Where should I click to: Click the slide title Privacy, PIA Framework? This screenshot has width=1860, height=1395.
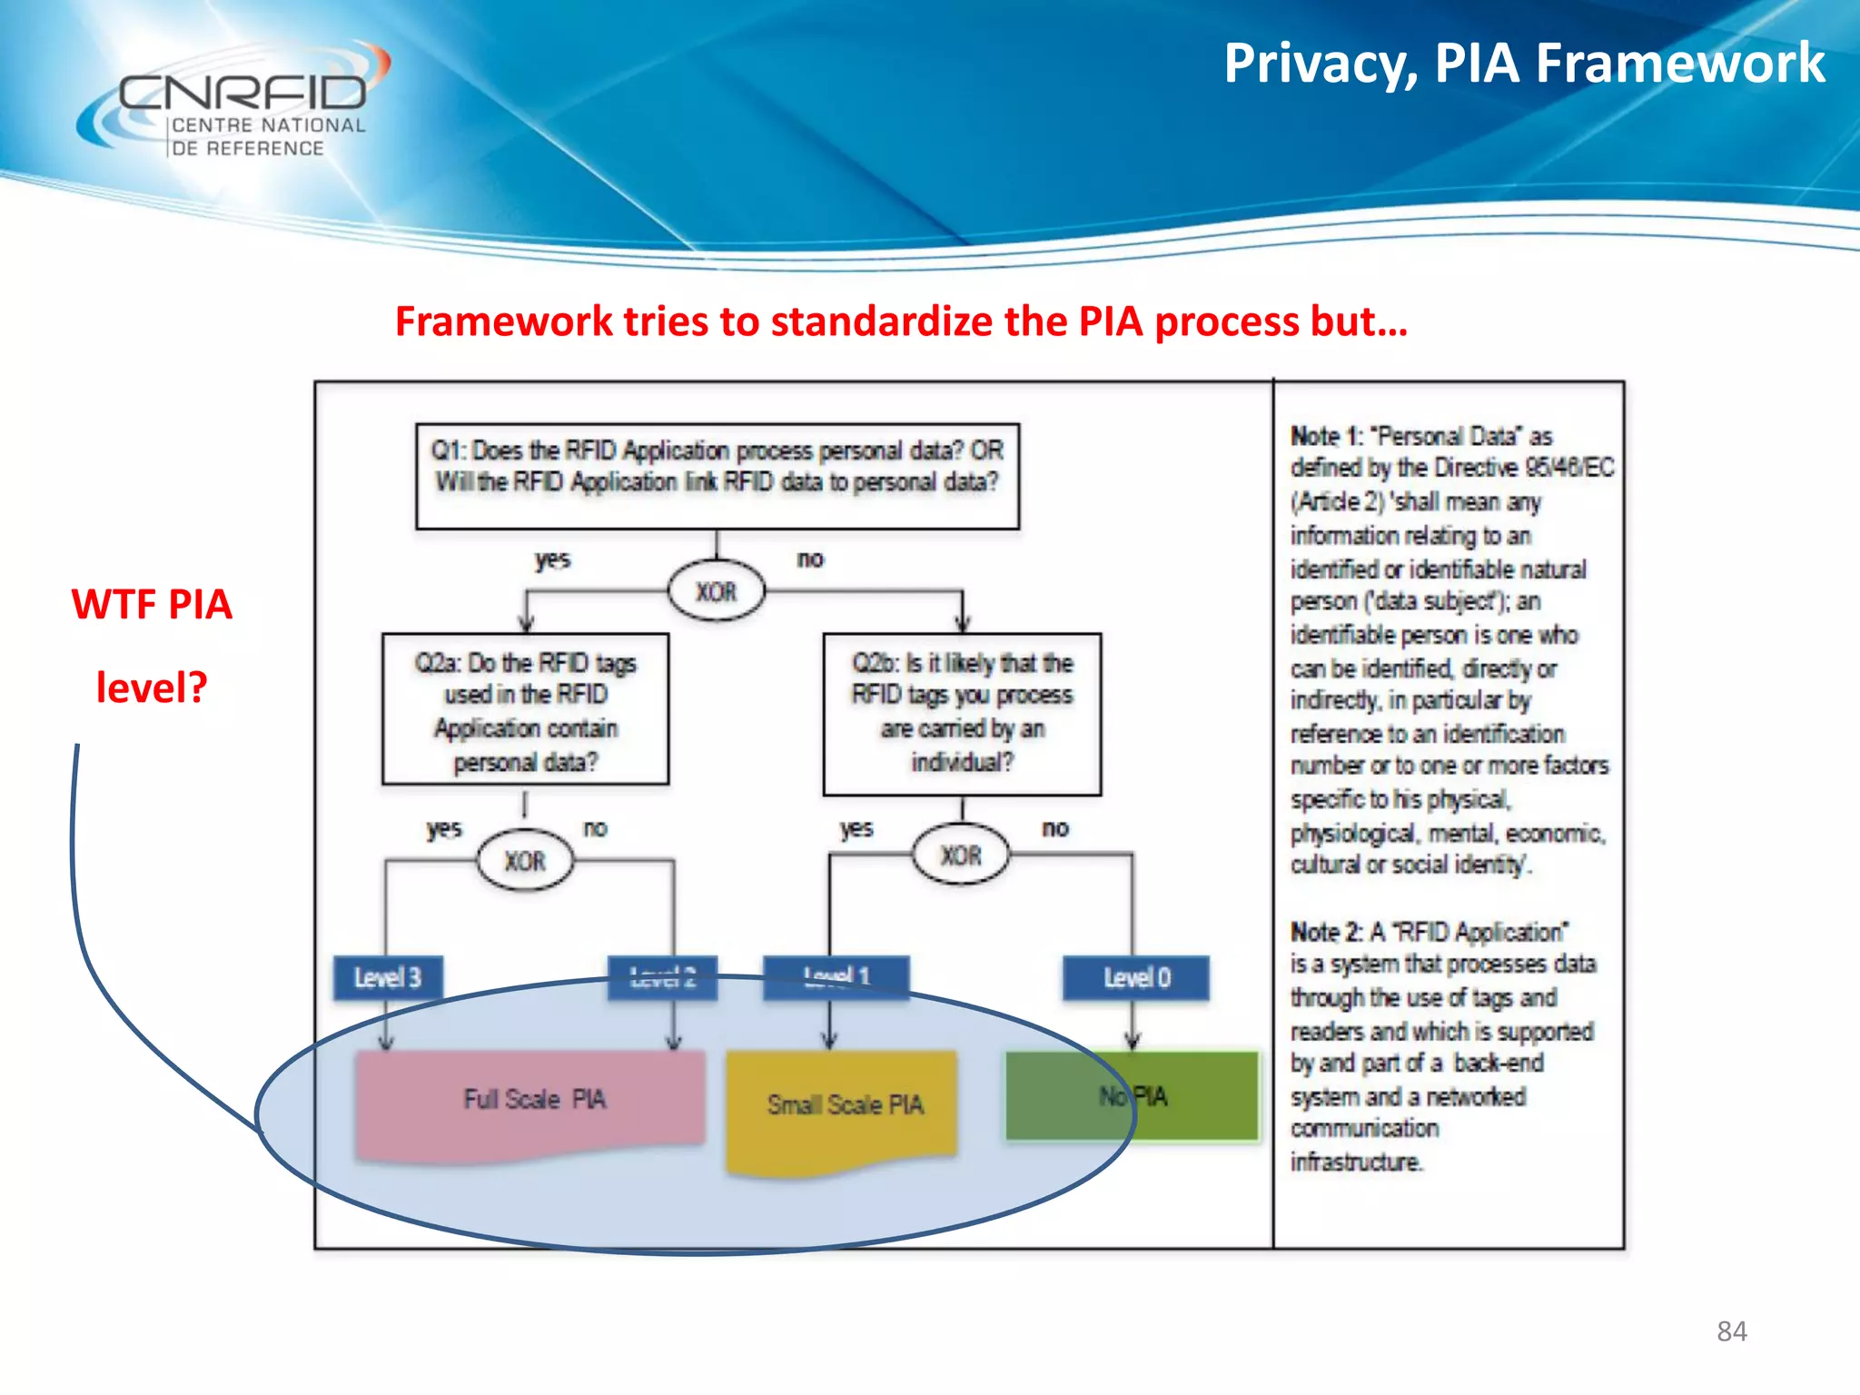[x=1524, y=64]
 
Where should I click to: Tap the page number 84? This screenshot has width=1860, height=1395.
[x=1731, y=1331]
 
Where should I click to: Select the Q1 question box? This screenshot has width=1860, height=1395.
[x=717, y=476]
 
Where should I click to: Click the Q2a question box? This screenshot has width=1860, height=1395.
[x=525, y=709]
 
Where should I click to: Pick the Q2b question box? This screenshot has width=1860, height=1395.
[x=962, y=714]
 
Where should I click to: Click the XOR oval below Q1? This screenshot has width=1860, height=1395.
[x=717, y=592]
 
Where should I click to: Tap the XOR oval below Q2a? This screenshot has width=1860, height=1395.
[x=525, y=860]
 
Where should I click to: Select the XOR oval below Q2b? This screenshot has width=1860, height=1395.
[x=960, y=855]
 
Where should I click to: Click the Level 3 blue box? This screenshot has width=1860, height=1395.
[x=388, y=978]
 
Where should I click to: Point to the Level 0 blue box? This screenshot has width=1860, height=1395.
[x=1136, y=978]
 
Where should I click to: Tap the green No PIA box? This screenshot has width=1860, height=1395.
[x=1132, y=1096]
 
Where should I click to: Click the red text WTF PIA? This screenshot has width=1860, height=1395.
[x=152, y=605]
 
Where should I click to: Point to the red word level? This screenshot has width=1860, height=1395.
[x=152, y=688]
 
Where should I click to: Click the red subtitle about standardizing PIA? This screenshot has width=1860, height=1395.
[x=901, y=322]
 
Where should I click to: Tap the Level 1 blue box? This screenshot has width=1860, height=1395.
[x=836, y=977]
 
